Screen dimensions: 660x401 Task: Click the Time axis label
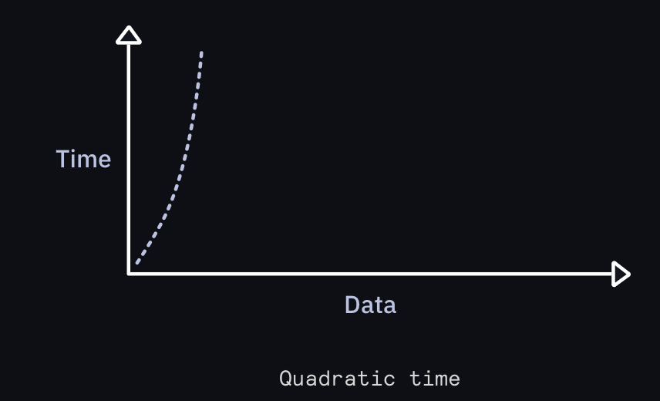[83, 159]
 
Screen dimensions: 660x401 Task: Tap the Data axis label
[370, 305]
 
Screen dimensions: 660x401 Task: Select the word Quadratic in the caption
[337, 379]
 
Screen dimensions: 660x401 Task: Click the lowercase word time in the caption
[435, 379]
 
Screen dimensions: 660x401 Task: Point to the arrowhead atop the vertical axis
[129, 35]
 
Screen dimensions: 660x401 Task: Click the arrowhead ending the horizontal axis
[621, 274]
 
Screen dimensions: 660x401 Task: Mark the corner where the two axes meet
[129, 274]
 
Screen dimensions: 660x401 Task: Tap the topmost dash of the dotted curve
[201, 55]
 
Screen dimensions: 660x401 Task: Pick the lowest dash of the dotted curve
[138, 261]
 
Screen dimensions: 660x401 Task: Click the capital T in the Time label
[62, 159]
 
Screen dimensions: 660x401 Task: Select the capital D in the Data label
[352, 305]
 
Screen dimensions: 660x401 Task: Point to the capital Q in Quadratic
[285, 379]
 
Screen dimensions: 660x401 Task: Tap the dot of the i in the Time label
[74, 151]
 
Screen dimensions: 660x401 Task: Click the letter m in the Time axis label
[87, 162]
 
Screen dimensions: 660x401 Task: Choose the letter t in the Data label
[379, 305]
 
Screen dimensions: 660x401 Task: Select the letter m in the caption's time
[442, 381]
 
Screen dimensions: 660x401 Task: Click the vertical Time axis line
[129, 159]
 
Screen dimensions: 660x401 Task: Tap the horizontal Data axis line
[370, 274]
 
